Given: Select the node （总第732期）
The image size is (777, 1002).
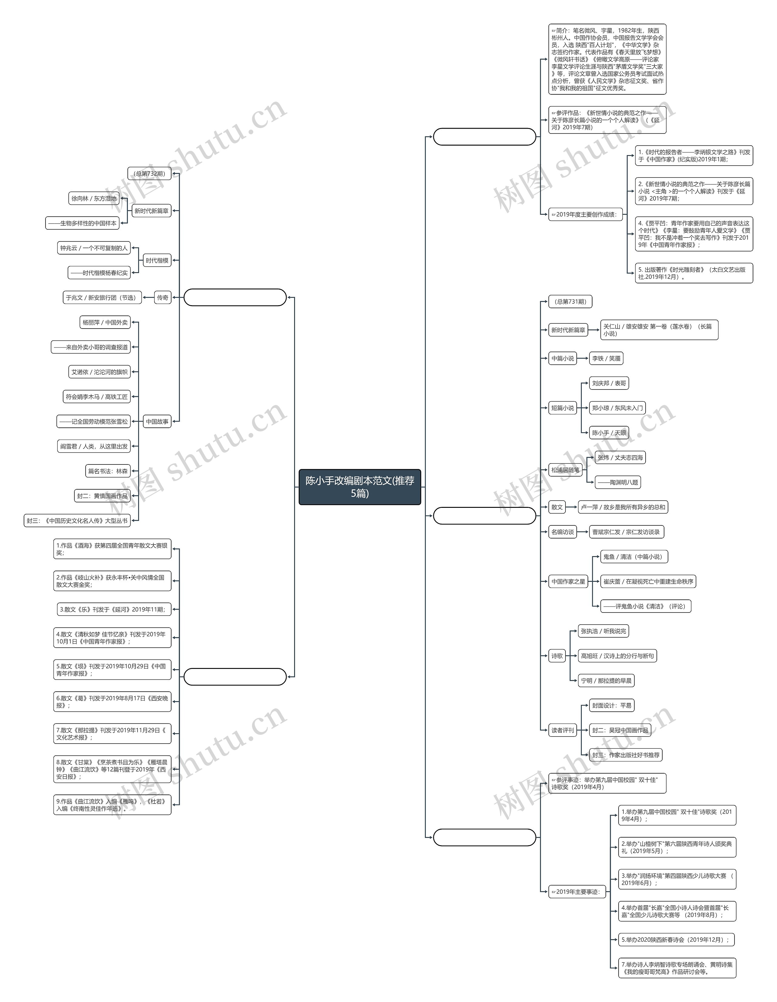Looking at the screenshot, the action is coord(149,174).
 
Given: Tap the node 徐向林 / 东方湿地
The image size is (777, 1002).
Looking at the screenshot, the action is coord(93,198).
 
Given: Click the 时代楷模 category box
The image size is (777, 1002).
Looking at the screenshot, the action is coord(157,260).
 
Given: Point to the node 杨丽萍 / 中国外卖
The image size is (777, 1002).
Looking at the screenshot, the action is coord(105,322).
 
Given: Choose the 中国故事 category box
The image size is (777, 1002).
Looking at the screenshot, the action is coord(157,421).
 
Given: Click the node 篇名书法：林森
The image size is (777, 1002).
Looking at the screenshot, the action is coord(108,471).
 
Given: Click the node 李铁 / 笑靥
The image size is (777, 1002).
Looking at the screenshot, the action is coord(606,358).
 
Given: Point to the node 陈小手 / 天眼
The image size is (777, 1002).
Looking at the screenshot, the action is coord(609,433).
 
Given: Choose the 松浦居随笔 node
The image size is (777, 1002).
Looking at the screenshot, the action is coord(565,470).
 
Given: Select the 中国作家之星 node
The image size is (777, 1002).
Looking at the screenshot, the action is coord(568,581).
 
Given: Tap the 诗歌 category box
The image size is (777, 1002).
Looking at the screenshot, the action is coord(557,656).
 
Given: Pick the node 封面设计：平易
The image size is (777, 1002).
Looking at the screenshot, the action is coord(611,705).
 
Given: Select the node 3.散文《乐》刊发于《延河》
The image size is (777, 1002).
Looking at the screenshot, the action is coord(112,609).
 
